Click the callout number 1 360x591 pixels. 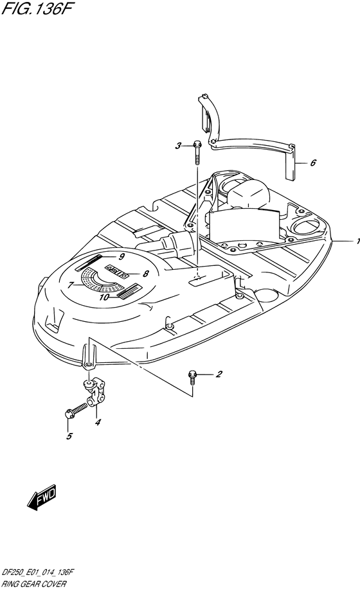[357, 242]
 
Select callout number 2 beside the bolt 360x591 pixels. [219, 375]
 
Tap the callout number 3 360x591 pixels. [178, 146]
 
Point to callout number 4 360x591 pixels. [98, 422]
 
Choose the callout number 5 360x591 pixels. [69, 436]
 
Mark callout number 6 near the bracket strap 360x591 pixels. [313, 163]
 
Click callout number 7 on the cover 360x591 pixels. [70, 285]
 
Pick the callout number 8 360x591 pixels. [146, 274]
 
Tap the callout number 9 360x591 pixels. [122, 257]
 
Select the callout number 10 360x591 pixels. [105, 297]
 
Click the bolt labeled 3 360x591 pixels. [197, 153]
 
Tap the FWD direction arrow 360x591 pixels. [42, 497]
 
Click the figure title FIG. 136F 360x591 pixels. [37, 8]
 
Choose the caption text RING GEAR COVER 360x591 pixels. [34, 584]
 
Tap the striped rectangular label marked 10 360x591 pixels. [129, 292]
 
